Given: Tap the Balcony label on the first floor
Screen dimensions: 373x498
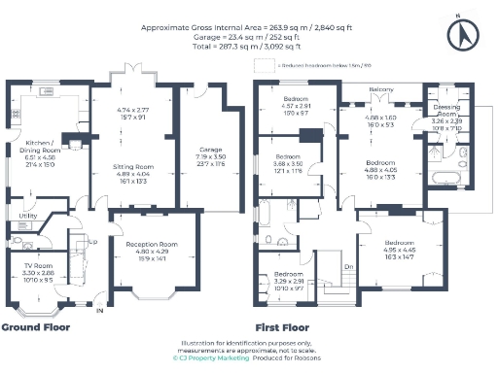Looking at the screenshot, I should pos(380,89).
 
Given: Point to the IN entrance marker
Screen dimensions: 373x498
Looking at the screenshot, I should pos(97,311).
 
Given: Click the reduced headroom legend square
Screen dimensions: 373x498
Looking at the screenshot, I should pos(259,65).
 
